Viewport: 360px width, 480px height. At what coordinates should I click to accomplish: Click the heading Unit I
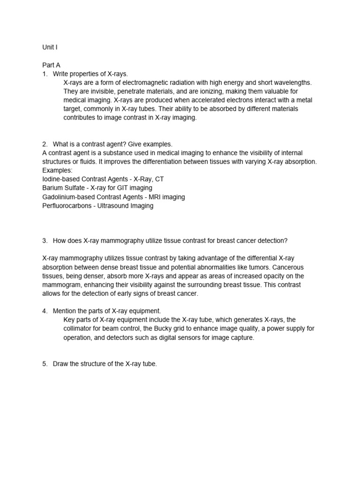point(50,47)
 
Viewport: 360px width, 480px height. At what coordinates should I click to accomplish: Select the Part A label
point(52,65)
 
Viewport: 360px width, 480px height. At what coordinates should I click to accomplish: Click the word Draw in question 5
point(61,364)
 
